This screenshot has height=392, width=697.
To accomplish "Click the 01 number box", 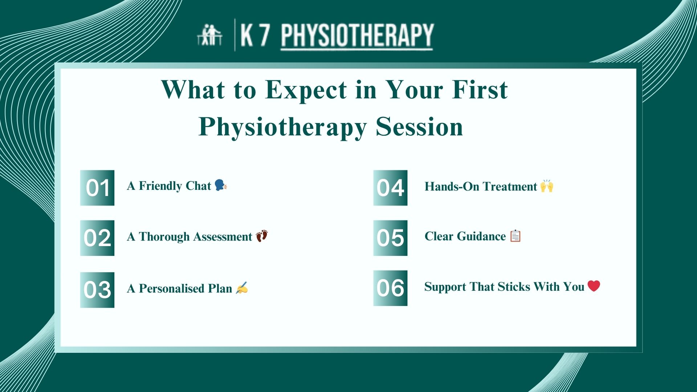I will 97,188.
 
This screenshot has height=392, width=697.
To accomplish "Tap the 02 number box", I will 97,238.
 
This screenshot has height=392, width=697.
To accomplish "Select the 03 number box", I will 97,290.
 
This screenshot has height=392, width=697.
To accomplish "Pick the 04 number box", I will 390,188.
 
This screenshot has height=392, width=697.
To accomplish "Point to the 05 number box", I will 390,238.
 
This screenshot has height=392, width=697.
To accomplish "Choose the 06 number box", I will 390,288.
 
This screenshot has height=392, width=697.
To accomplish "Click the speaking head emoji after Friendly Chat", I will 220,185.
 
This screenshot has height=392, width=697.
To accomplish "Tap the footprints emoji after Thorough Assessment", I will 262,236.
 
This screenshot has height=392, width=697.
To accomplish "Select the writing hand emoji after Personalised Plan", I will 242,288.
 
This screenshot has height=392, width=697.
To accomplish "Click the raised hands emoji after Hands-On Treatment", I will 547,186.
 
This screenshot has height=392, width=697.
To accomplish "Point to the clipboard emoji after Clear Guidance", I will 515,236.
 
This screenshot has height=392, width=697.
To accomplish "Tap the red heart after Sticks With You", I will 594,286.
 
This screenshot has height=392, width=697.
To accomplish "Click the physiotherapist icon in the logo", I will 209,35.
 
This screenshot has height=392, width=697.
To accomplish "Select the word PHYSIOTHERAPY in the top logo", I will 357,35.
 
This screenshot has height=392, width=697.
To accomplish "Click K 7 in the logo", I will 255,35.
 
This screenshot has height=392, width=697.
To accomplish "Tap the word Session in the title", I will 419,127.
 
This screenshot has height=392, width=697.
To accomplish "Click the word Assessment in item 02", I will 223,237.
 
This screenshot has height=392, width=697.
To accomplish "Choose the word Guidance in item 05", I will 481,236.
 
